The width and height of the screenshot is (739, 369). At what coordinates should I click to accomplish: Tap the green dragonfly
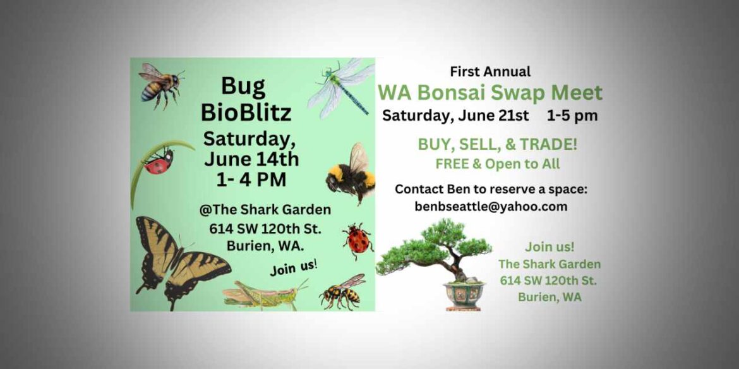click(x=341, y=86)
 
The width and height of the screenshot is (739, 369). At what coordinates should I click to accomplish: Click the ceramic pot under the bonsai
click(x=464, y=294)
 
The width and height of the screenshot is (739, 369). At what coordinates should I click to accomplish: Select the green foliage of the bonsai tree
click(x=436, y=243)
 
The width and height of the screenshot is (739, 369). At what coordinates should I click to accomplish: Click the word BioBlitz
click(x=246, y=112)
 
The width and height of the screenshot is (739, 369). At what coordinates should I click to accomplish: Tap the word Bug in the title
click(x=243, y=85)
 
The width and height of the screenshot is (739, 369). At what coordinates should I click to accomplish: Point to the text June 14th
click(x=251, y=159)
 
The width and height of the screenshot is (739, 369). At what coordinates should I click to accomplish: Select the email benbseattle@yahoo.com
click(x=491, y=207)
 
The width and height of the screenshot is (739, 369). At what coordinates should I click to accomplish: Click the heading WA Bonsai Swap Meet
click(x=490, y=93)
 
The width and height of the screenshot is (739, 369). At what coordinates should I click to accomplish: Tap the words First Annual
click(x=490, y=71)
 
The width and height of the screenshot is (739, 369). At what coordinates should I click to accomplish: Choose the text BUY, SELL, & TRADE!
click(x=498, y=145)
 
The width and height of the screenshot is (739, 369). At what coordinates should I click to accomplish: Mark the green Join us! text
click(x=550, y=246)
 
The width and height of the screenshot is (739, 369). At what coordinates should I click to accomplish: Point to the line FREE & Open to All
click(x=498, y=164)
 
